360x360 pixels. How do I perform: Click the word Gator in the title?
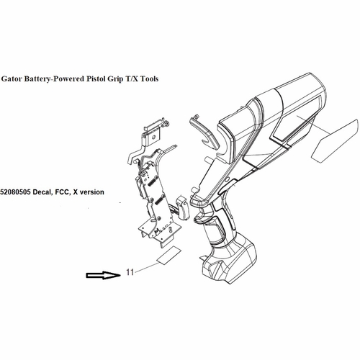pos(11,78)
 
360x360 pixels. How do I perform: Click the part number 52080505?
pos(15,192)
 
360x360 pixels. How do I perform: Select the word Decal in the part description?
pos(42,192)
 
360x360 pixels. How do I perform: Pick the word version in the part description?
pos(91,192)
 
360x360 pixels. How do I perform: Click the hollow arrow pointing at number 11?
pos(103,275)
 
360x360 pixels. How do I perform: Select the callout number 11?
pos(130,272)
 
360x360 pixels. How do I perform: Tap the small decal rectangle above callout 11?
pos(168,256)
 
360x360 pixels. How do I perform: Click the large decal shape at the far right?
pos(335,140)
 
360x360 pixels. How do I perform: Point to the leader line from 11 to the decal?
pos(146,267)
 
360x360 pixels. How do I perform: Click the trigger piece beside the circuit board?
pos(184,207)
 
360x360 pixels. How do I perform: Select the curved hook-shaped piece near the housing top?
pos(204,132)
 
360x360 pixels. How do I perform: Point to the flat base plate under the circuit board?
pos(157,233)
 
